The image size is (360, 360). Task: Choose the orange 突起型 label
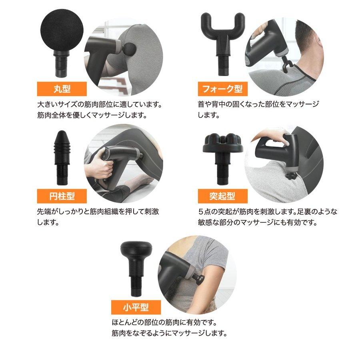click(x=220, y=196)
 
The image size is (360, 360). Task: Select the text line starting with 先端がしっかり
click(x=98, y=212)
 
